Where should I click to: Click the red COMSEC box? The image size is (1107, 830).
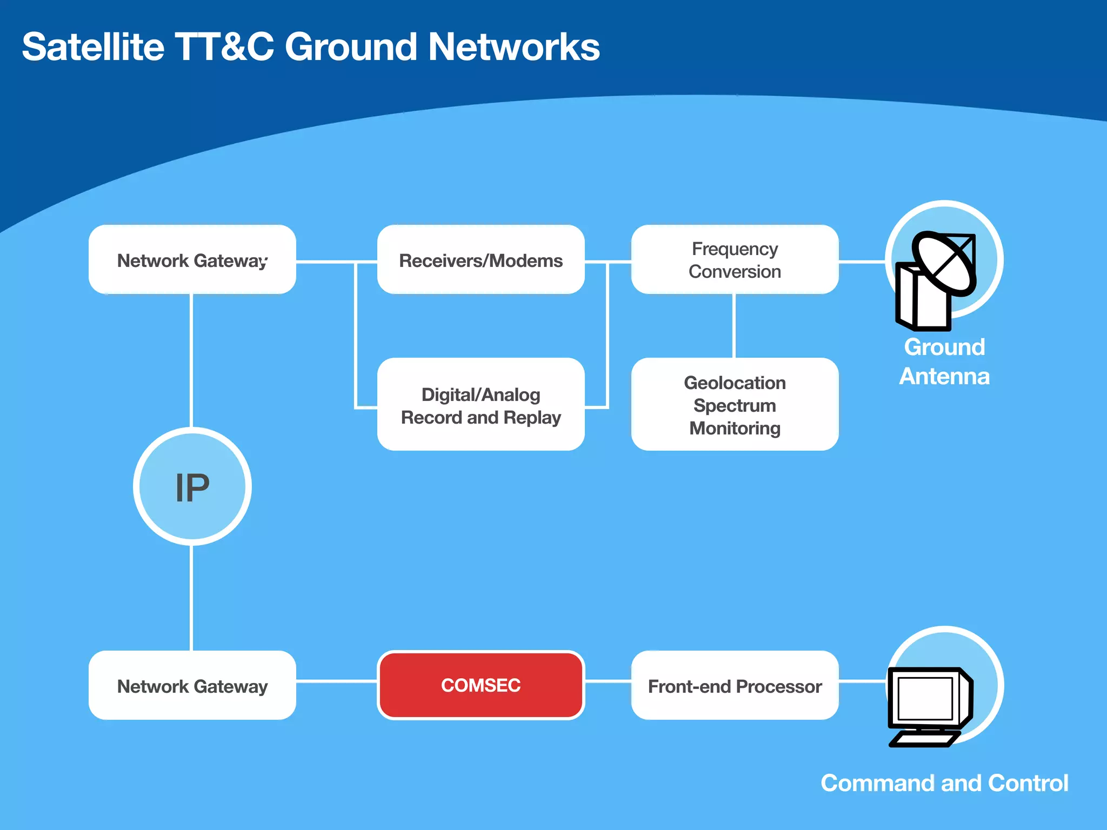pyautogui.click(x=481, y=685)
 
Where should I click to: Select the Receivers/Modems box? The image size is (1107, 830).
pyautogui.click(x=481, y=260)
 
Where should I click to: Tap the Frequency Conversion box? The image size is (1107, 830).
pyautogui.click(x=735, y=260)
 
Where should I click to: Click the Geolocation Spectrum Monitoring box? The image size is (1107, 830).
pyautogui.click(x=735, y=405)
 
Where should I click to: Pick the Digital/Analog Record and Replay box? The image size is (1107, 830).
pyautogui.click(x=481, y=405)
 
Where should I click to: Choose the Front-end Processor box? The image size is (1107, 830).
pyautogui.click(x=735, y=686)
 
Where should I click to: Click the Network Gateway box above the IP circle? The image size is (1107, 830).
pyautogui.click(x=192, y=260)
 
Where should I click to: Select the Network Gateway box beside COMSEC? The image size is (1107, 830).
pyautogui.click(x=192, y=686)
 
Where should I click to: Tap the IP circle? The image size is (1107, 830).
pyautogui.click(x=192, y=487)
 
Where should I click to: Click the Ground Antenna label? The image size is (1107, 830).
pyautogui.click(x=944, y=362)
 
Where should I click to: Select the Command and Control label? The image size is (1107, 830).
pyautogui.click(x=944, y=783)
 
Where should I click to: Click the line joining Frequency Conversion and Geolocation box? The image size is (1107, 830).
pyautogui.click(x=733, y=326)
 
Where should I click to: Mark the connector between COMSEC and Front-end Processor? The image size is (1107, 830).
pyautogui.click(x=608, y=682)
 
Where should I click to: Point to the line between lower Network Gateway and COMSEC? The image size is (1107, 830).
pyautogui.click(x=336, y=681)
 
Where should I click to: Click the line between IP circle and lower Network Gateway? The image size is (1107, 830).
pyautogui.click(x=191, y=597)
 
